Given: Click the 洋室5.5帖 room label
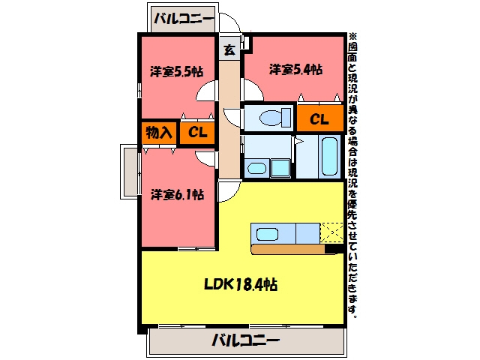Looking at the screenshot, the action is pos(177,72).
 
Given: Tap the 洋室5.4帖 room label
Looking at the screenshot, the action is pos(295,70).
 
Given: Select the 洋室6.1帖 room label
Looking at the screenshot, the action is pos(177,194).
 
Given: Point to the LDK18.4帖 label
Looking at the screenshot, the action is pos(241,285).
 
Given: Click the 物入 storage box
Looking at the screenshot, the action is pos(159,133).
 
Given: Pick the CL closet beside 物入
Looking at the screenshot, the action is pos(197,133).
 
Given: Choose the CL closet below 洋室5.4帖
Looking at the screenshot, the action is pos(320,118).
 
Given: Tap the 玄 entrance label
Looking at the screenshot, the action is pos(229,49).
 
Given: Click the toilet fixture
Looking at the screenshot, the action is pos(275,117).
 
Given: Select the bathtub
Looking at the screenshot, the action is pos(330,157).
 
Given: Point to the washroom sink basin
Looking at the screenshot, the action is pos(256,168).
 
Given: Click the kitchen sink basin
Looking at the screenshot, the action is pos(267,235).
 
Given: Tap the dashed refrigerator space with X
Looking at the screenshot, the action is pos(331,233).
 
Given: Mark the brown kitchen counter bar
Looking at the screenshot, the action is pos(288,249).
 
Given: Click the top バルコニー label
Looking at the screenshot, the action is pos(183,19).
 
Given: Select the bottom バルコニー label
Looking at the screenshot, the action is pos(246,340).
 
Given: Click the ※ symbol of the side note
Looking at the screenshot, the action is pos(352,37).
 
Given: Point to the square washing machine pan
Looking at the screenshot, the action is pos(280,168).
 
